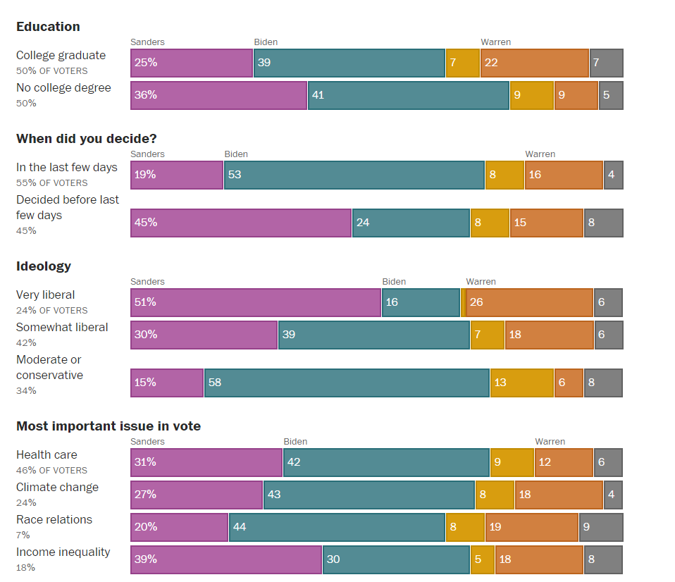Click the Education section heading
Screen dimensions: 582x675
[48, 27]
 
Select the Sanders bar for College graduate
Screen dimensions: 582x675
[192, 63]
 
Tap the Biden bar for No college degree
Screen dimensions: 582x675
[408, 95]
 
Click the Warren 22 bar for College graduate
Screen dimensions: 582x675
[535, 63]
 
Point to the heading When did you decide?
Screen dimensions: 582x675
[86, 139]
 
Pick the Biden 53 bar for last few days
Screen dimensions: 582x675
[354, 175]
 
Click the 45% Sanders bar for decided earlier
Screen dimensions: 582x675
[241, 223]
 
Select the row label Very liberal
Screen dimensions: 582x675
[45, 295]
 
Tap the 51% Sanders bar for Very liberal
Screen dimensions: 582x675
[256, 302]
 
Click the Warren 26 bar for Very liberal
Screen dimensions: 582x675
[529, 302]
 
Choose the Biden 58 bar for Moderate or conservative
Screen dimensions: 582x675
[347, 383]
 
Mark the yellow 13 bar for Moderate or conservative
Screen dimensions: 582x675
[521, 383]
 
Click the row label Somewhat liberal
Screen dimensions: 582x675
[62, 328]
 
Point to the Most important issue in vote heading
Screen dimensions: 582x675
[109, 426]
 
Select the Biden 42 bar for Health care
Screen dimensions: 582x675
[386, 462]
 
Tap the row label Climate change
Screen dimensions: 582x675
[57, 488]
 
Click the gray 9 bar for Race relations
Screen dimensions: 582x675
[601, 527]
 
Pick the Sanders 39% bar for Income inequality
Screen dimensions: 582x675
[226, 559]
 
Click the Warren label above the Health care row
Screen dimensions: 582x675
[550, 442]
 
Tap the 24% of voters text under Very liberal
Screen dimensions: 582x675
[51, 310]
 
